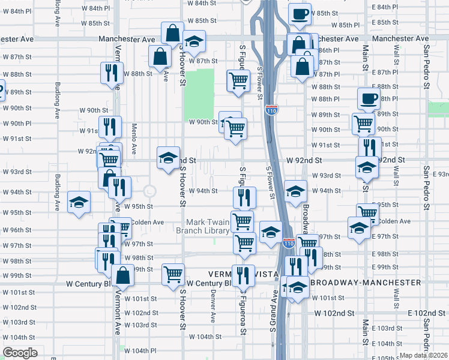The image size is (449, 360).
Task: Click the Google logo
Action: pos(20,353)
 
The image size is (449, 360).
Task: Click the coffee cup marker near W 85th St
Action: pos(300,14)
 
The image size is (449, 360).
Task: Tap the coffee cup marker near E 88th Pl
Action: pos(369,98)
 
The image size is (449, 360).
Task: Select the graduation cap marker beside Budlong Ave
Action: pos(79,202)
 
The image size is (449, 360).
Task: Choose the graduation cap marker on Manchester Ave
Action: pos(193,41)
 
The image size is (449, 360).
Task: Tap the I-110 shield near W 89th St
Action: pos(271,110)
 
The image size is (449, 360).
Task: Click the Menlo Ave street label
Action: pos(134,145)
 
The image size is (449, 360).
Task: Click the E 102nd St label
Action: pos(429,313)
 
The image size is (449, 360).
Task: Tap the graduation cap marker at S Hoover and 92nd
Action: pos(168,157)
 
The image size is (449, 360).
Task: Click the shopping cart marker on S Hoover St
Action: pos(173,274)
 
